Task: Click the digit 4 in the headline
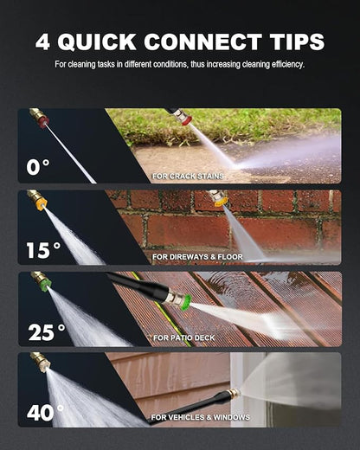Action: click(42, 42)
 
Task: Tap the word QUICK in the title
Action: click(97, 42)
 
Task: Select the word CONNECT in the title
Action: click(202, 42)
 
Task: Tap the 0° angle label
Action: click(38, 167)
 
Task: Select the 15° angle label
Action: click(43, 250)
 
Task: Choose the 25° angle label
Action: click(47, 332)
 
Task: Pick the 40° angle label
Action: click(45, 413)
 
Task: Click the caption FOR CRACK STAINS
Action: click(188, 176)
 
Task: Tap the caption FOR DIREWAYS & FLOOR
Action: click(197, 257)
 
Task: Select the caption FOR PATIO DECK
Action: click(184, 337)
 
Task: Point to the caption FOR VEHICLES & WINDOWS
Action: click(201, 417)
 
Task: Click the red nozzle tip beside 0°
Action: click(43, 121)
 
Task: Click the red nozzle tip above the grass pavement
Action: click(186, 119)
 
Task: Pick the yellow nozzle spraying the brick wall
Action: click(220, 202)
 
